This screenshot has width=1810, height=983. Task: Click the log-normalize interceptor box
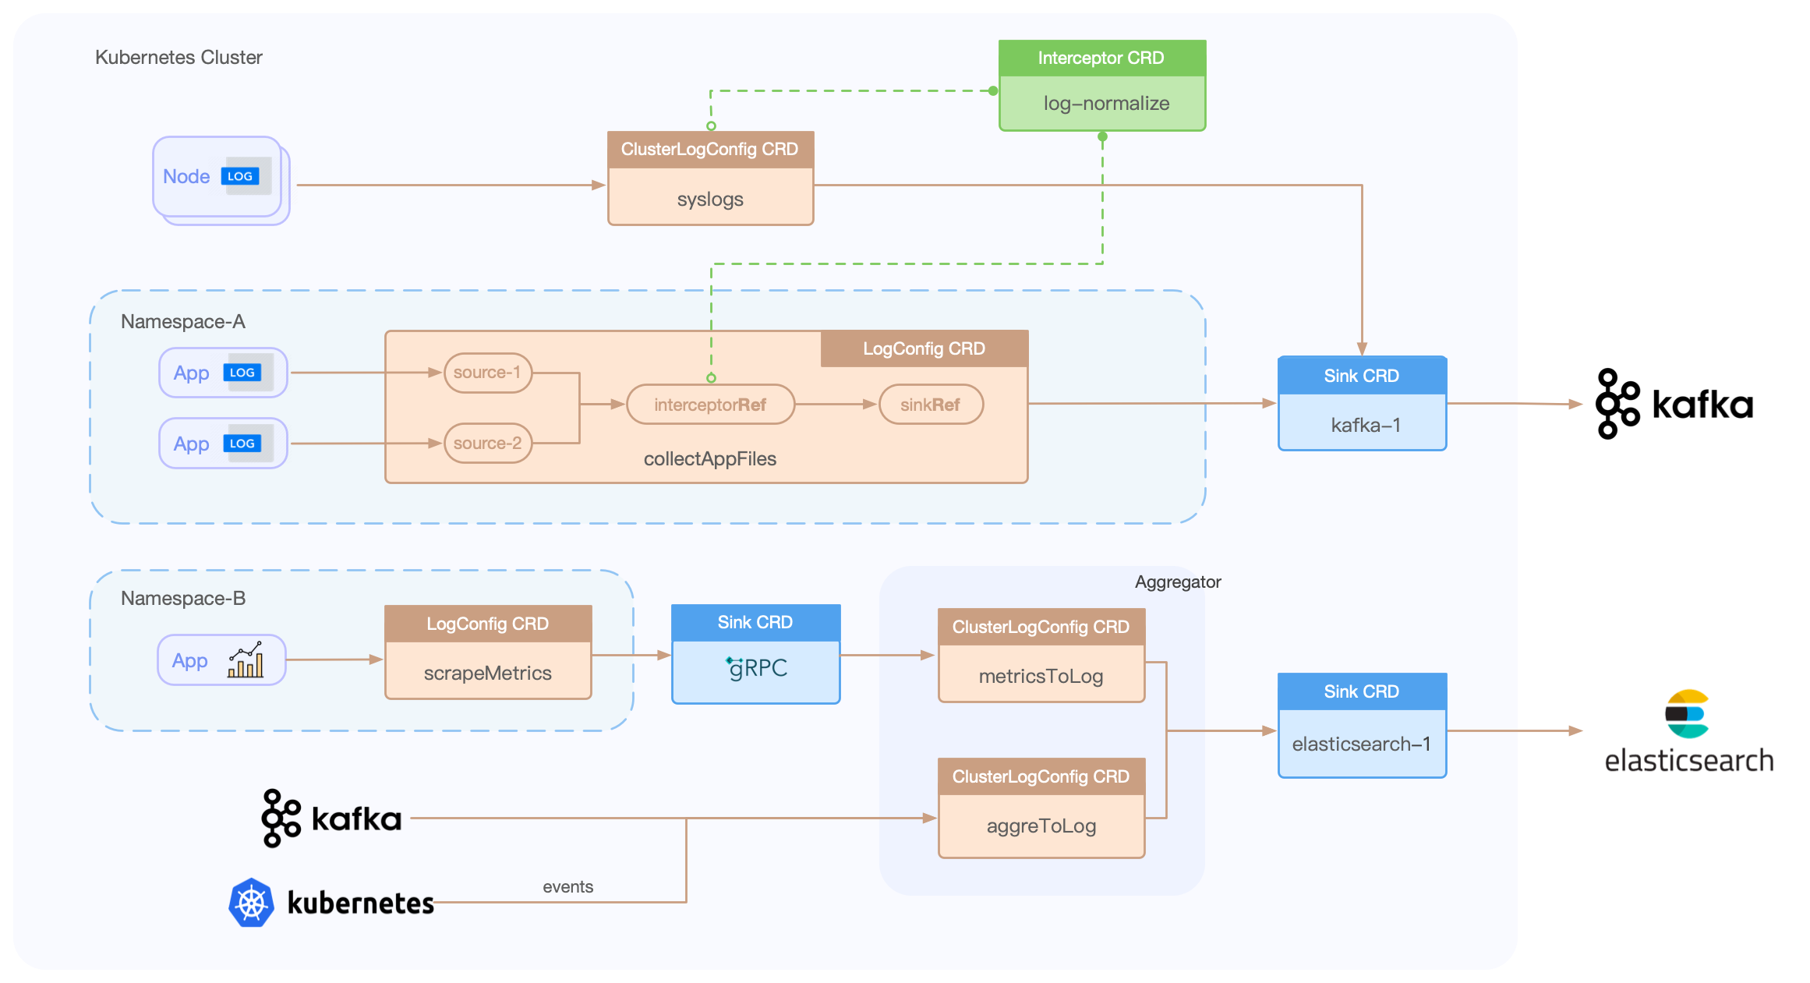[x=1105, y=103]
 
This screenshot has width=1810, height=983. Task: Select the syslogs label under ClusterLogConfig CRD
[x=710, y=200]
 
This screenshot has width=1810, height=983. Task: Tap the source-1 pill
[x=487, y=373]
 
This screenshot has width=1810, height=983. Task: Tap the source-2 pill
[x=487, y=443]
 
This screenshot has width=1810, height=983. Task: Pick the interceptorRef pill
[x=710, y=405]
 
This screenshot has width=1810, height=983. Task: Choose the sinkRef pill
[x=931, y=405]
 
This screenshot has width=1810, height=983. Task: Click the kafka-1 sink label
[x=1365, y=425]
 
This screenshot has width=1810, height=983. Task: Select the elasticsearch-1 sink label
[x=1361, y=744]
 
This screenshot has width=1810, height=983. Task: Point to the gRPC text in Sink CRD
[x=757, y=668]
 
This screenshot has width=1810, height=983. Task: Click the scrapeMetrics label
[x=487, y=673]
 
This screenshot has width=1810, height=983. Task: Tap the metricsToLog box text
[x=1041, y=676]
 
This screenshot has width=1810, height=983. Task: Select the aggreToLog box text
[x=1041, y=826]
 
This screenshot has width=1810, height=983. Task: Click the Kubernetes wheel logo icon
[x=251, y=903]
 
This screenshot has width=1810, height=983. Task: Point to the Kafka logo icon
[x=281, y=818]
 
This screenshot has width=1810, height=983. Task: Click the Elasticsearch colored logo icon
[x=1688, y=713]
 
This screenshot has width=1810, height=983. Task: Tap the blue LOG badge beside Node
[x=240, y=176]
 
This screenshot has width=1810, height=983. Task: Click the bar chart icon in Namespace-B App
[x=245, y=660]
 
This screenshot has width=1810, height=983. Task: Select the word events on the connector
[x=567, y=886]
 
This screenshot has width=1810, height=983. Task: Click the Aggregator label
[x=1177, y=582]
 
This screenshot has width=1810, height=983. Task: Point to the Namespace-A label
[x=183, y=321]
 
